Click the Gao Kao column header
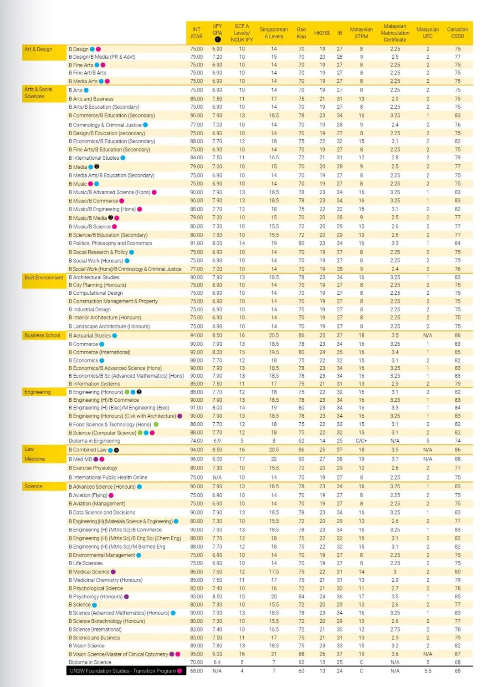coord(301,33)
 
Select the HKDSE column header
coord(322,33)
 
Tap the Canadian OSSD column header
coord(457,33)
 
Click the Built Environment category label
coord(44,278)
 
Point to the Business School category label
coord(42,335)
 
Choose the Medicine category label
coord(35,459)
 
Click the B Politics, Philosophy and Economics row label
coord(110,243)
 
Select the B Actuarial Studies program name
coord(90,335)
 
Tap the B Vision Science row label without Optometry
coord(87,646)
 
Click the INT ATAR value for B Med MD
coord(196,459)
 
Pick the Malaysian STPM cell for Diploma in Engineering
coord(361,441)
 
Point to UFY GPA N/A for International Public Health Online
coord(217,478)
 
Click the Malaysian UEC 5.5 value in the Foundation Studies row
coord(427,671)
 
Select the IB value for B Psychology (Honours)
coord(339,596)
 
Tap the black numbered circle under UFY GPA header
coord(217,39)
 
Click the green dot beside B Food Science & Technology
coord(156,424)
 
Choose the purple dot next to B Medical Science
coord(113,572)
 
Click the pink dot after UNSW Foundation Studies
coord(179,671)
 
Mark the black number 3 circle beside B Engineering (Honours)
coord(139,392)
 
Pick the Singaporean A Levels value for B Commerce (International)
coord(274,352)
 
